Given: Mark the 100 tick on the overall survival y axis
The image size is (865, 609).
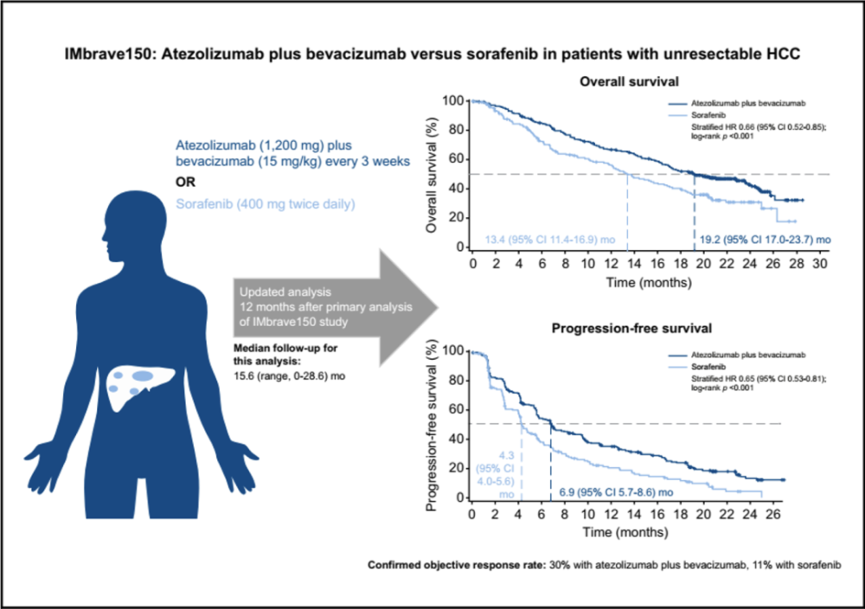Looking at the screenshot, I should [453, 101].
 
